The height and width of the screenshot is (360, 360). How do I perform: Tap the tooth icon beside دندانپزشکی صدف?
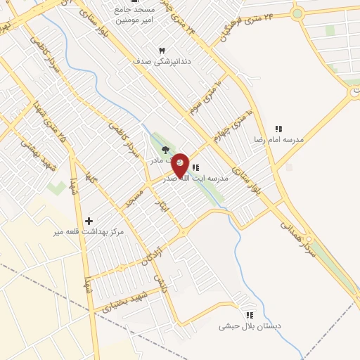[162, 51]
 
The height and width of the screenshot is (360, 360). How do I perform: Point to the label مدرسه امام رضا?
[279, 140]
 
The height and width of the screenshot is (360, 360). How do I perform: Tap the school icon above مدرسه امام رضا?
[278, 129]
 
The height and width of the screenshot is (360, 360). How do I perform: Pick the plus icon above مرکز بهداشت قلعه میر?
[89, 221]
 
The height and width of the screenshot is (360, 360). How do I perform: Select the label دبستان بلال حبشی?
[250, 326]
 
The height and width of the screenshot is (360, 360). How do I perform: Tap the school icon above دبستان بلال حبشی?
[249, 315]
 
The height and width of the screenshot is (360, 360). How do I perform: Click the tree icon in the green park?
[165, 149]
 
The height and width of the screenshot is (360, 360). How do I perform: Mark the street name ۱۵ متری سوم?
[205, 98]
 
